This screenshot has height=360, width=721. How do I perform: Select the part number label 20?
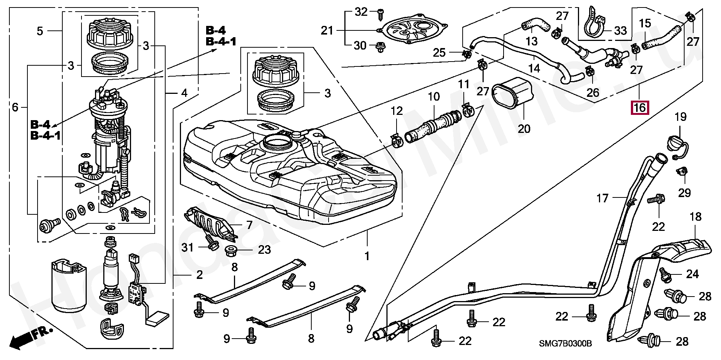point(524,129)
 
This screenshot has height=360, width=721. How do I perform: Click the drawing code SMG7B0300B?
point(566,343)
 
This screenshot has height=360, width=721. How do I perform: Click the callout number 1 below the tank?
point(367,256)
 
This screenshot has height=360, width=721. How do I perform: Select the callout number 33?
point(621,30)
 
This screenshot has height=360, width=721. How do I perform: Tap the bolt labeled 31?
point(212,244)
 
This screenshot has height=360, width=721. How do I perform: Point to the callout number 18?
point(695,217)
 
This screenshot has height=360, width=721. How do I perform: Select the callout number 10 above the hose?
point(434,96)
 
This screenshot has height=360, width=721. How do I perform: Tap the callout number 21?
point(327,30)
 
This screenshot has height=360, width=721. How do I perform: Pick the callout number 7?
point(249,225)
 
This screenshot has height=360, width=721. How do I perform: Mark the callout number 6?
point(15,108)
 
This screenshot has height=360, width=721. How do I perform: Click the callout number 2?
point(199,275)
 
